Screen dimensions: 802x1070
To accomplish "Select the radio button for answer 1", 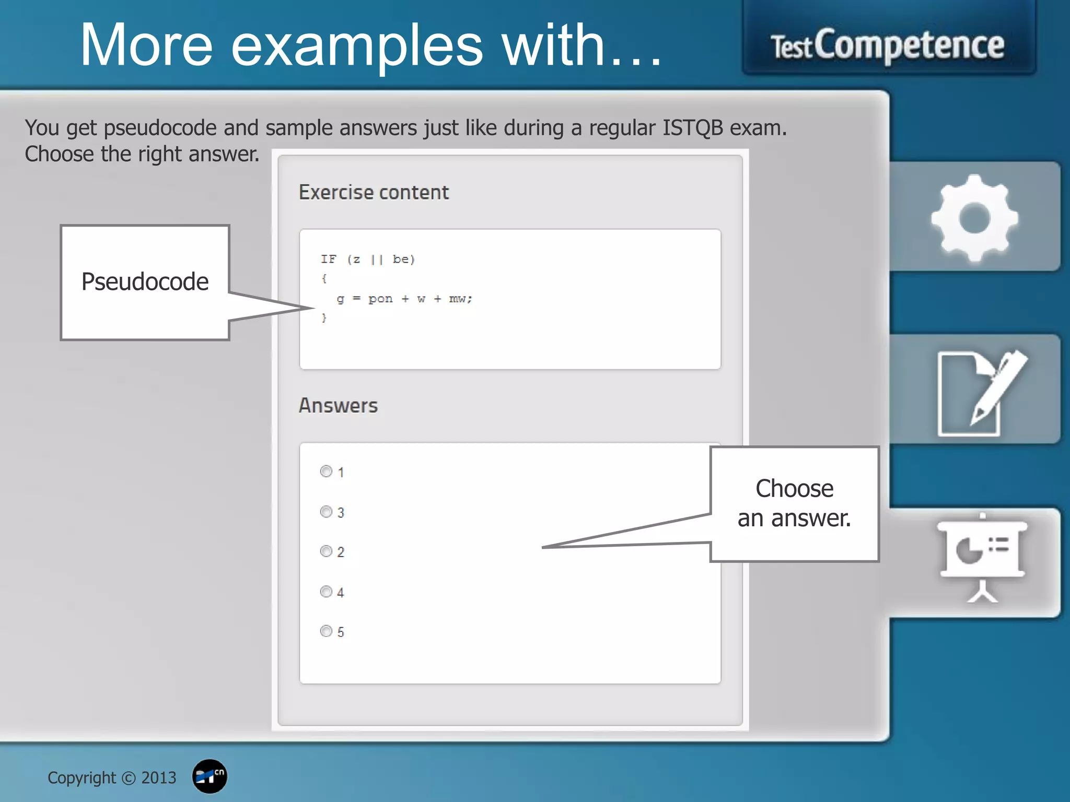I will [326, 471].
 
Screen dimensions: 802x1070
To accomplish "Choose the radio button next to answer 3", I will [326, 512].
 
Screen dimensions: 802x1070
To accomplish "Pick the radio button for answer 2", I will [326, 551].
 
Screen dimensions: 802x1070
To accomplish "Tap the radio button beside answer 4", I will [326, 592].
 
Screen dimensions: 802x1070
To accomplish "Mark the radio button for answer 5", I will [326, 631].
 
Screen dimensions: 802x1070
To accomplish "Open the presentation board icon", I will [982, 558].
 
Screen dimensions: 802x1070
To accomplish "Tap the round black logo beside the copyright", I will [210, 776].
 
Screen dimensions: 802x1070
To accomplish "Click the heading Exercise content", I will [374, 193].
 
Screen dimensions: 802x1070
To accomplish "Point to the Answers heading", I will [338, 406].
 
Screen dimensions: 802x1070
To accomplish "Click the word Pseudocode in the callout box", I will [145, 282].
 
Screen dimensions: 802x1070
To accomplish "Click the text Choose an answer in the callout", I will [794, 503].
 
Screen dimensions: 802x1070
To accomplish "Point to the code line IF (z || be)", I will [367, 260].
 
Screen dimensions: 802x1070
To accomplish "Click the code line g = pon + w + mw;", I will [404, 299].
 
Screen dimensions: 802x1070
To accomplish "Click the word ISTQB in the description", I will [693, 128].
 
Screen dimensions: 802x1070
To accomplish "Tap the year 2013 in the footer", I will [159, 778].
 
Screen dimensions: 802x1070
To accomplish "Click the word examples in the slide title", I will [357, 46].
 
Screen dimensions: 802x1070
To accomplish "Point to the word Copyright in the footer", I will [82, 778].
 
